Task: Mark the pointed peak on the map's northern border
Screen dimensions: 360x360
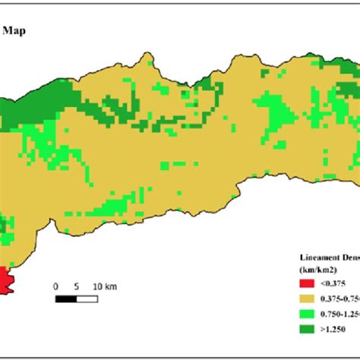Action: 143,54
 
